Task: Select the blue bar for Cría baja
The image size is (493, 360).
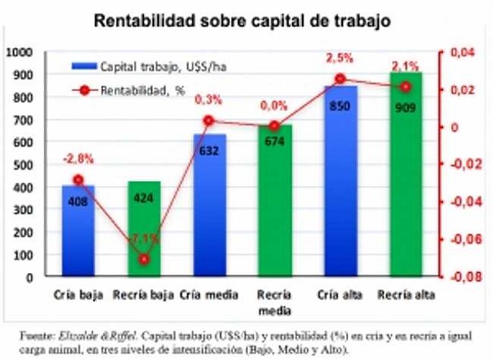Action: click(x=79, y=231)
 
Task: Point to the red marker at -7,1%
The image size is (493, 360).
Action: click(x=144, y=259)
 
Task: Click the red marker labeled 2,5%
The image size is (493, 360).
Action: click(x=340, y=79)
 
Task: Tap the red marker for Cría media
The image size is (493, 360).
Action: click(x=210, y=120)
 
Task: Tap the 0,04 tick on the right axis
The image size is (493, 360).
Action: click(x=460, y=52)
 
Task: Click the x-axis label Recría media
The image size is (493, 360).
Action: click(x=275, y=301)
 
